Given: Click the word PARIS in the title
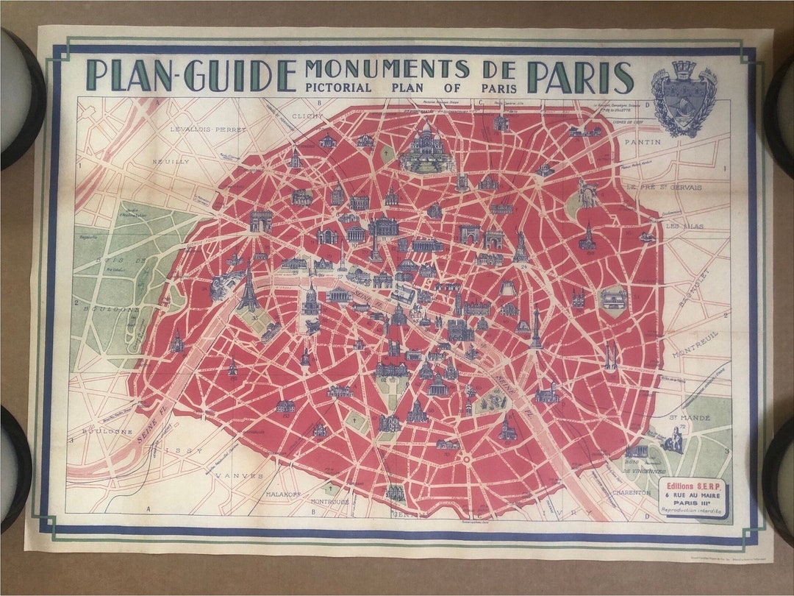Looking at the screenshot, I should tap(580, 77).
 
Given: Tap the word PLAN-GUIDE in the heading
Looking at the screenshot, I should tap(190, 75).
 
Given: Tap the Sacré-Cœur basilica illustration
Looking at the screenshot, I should tap(427, 150).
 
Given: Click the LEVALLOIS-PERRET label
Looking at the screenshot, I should tap(201, 129).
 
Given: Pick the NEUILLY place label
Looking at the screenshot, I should tap(171, 161).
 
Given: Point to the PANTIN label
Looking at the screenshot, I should tap(643, 141).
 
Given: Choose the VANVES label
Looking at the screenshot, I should tap(239, 476).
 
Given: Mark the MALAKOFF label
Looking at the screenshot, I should tap(285, 494).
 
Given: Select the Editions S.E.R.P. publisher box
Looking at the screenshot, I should tap(692, 497).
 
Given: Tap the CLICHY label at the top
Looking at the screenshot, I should tap(307, 116).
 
